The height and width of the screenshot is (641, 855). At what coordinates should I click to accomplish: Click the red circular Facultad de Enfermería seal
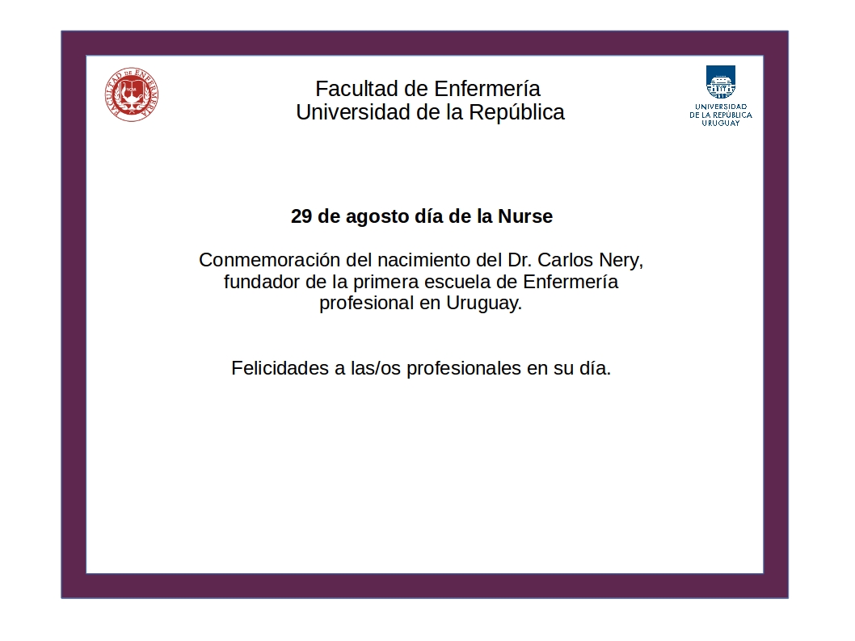pyautogui.click(x=132, y=94)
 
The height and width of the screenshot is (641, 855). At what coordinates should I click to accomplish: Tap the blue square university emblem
pyautogui.click(x=720, y=82)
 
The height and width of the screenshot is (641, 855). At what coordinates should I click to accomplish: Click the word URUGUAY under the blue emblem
pyautogui.click(x=720, y=123)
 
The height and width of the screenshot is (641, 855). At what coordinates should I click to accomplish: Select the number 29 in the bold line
pyautogui.click(x=301, y=216)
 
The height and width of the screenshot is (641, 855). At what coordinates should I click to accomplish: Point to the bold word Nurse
pyautogui.click(x=525, y=216)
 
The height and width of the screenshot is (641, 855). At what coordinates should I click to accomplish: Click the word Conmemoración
pyautogui.click(x=269, y=260)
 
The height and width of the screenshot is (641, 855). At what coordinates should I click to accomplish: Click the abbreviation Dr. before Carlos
pyautogui.click(x=520, y=260)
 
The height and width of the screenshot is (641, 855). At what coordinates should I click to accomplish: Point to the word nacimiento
pyautogui.click(x=423, y=260)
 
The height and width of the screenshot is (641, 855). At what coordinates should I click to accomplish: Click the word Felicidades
pyautogui.click(x=280, y=368)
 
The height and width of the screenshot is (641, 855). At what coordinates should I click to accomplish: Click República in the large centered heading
pyautogui.click(x=516, y=113)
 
